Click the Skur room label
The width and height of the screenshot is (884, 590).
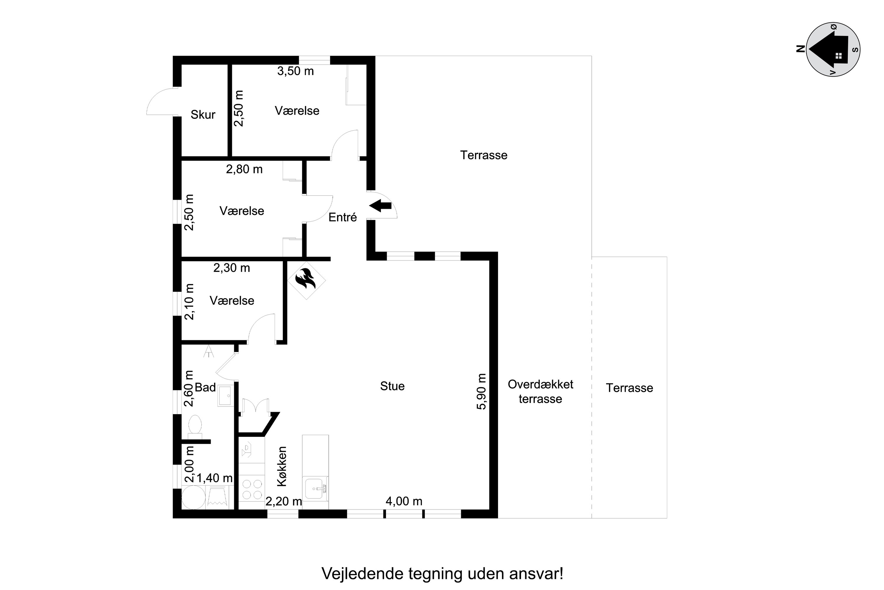coord(203,114)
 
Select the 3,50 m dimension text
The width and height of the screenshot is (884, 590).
coord(296,71)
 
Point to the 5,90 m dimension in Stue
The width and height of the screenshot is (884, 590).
coord(481,391)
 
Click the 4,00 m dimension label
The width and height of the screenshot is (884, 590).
coord(404,501)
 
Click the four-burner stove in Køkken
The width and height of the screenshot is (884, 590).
coord(252,489)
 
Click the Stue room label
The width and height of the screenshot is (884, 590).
coord(392,386)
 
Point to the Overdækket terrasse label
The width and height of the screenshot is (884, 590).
coord(540,391)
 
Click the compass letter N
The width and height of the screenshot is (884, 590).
coord(801,49)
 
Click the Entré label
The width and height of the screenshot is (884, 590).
coord(342,217)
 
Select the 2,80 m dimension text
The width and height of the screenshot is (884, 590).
coord(244,169)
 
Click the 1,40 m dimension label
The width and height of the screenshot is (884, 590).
coord(215,478)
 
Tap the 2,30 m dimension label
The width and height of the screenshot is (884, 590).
coord(232,268)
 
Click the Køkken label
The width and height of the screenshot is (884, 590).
coord(282,467)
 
